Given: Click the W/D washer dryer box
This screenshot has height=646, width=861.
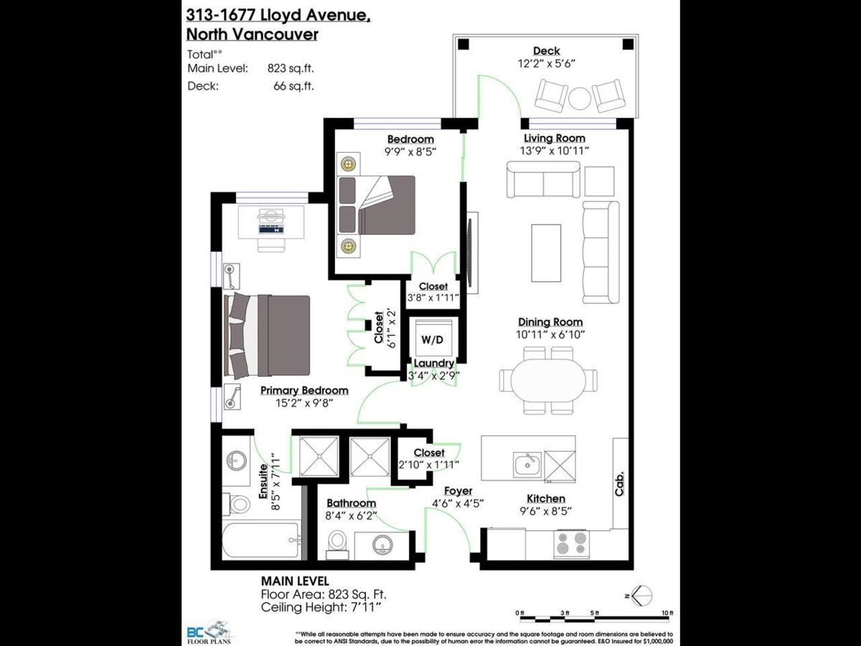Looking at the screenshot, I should click(x=433, y=338).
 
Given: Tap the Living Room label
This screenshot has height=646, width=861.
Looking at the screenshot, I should click(x=554, y=139).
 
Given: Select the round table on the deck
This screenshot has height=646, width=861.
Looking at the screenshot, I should click(x=580, y=97).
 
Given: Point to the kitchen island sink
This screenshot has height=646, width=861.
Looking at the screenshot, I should click(x=527, y=464).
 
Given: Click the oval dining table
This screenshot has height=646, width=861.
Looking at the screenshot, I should click(x=548, y=379).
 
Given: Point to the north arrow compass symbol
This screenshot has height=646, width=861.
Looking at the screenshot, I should click(x=641, y=596).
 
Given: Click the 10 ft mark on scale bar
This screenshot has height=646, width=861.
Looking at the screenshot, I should click(x=668, y=612).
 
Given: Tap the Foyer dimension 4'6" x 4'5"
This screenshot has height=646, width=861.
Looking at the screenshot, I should click(x=458, y=503).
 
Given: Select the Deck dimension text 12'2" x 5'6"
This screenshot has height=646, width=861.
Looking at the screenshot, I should click(x=546, y=63).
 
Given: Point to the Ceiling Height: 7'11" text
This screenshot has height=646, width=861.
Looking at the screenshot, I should click(x=320, y=607).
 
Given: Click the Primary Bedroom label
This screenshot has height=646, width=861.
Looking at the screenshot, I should click(x=304, y=390).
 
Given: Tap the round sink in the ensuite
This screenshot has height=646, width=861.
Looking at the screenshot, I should click(x=236, y=459).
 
